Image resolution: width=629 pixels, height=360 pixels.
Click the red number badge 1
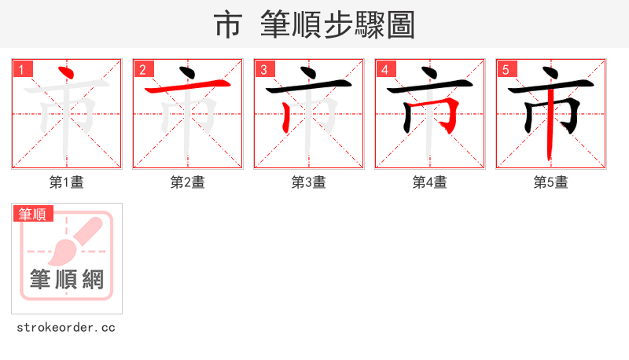22,69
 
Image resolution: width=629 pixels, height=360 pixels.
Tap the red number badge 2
143,69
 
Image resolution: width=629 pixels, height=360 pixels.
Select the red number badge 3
264,69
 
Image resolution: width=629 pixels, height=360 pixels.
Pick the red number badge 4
385,69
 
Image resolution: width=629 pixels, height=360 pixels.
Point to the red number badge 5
506,69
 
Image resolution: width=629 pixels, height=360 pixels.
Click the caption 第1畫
66,182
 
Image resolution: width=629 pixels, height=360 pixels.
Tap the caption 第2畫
187,182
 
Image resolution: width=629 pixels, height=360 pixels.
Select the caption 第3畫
308,182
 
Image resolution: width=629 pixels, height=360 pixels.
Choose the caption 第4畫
429,182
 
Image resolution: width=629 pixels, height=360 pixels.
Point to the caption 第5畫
550,182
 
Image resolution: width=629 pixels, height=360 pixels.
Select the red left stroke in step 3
285,116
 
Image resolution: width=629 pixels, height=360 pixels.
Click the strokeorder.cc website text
66,327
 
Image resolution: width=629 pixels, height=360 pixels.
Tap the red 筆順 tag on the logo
33,214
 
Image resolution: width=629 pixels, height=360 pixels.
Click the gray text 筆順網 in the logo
67,279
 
